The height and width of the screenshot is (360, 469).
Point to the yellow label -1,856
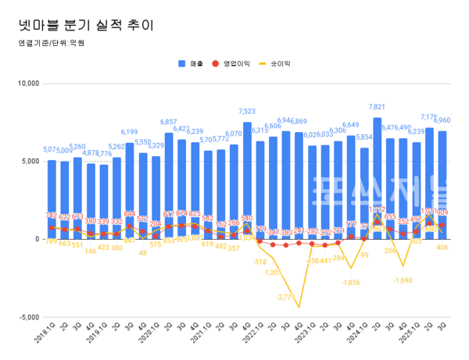point(352,282)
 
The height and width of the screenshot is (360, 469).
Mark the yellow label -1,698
point(403,280)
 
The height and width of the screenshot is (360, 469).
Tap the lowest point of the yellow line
point(299,308)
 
